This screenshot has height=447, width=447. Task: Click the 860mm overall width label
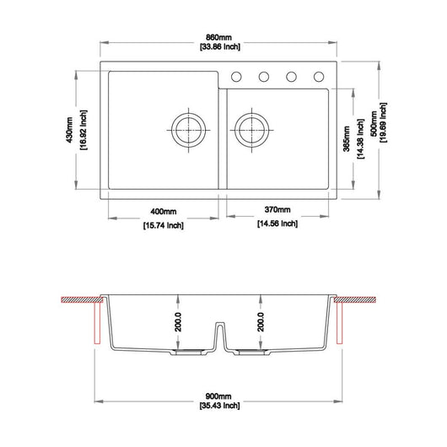218,37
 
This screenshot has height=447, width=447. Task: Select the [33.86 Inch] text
220,46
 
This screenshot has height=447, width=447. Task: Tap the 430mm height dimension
69,130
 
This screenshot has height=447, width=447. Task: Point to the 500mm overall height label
374,123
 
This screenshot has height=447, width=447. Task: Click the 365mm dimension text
346,138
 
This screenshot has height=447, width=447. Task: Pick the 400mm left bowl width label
164,212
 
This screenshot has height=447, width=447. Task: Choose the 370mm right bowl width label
277,209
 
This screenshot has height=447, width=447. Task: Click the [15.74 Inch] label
164,225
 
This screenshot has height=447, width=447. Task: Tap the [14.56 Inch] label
277,223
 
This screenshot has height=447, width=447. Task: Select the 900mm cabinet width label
218,396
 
